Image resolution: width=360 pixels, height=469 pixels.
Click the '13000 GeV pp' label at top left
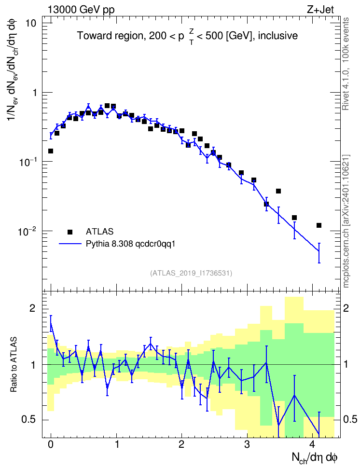(81, 10)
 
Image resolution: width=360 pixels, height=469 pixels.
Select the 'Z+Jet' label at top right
(320, 10)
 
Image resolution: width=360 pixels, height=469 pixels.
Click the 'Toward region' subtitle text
(111, 36)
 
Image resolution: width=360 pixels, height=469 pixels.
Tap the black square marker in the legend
(69, 232)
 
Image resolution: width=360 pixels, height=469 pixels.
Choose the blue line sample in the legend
(70, 244)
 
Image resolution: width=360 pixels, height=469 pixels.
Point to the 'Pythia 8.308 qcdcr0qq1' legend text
(130, 244)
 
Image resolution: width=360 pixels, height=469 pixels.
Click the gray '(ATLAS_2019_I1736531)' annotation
(191, 273)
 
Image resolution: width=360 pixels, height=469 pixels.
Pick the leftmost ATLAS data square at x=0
(51, 151)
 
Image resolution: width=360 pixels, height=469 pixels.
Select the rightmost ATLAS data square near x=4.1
(319, 225)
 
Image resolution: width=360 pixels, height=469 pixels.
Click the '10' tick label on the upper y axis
(31, 23)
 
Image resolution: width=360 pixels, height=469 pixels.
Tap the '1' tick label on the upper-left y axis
(35, 93)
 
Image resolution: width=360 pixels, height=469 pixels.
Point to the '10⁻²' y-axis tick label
(27, 230)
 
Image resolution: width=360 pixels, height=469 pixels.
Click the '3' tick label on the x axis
(247, 444)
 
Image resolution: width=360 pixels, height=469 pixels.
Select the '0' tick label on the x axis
(51, 444)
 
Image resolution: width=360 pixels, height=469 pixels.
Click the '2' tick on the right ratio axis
(346, 309)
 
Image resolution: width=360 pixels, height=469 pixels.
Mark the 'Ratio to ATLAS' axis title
(14, 365)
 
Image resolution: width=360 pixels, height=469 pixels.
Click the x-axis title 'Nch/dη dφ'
(315, 458)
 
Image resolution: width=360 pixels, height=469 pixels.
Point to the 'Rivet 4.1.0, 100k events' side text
(346, 64)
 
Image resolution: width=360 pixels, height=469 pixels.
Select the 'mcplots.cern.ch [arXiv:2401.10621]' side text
(346, 221)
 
